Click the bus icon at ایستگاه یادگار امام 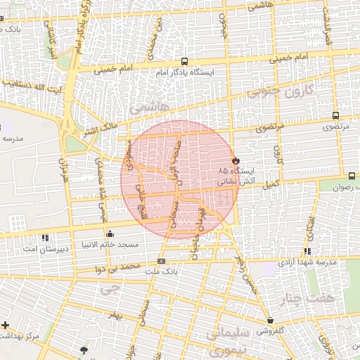[184, 62]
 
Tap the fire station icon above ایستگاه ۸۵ [236, 160]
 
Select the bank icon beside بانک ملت [162, 261]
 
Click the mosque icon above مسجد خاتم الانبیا [109, 235]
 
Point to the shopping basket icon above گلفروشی [270, 321]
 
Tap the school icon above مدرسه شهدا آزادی [307, 252]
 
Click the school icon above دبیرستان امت [46, 238]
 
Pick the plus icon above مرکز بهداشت [6, 325]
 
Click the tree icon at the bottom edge [85, 349]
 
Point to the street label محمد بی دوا [117, 268]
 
